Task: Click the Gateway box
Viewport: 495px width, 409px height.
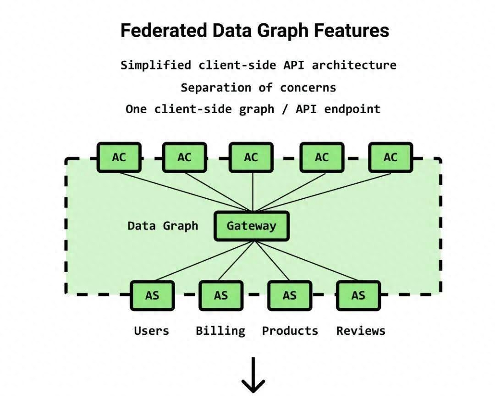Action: (252, 226)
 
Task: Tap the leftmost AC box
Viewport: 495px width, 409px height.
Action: (119, 158)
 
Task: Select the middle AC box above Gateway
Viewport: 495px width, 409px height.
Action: (251, 158)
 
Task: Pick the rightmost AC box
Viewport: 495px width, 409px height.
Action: (390, 158)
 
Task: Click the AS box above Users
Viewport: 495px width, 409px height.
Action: (152, 295)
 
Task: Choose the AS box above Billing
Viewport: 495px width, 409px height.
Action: (221, 295)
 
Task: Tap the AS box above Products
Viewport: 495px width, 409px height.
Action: (290, 295)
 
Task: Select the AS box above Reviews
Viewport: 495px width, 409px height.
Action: (358, 295)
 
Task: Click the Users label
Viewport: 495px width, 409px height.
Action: (152, 331)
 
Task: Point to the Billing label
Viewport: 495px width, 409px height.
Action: (220, 331)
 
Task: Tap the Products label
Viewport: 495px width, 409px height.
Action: (290, 331)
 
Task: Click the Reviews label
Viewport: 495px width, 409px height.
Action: (361, 331)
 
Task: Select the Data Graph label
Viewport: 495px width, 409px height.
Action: (163, 226)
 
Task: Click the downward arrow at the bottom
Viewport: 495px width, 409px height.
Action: (253, 375)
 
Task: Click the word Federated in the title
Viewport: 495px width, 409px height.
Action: (164, 31)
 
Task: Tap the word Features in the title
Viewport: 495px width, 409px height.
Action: (352, 31)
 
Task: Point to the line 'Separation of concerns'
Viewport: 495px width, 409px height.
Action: (258, 87)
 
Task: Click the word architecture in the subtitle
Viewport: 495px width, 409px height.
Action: (354, 65)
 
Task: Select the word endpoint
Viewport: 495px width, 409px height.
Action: (352, 109)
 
